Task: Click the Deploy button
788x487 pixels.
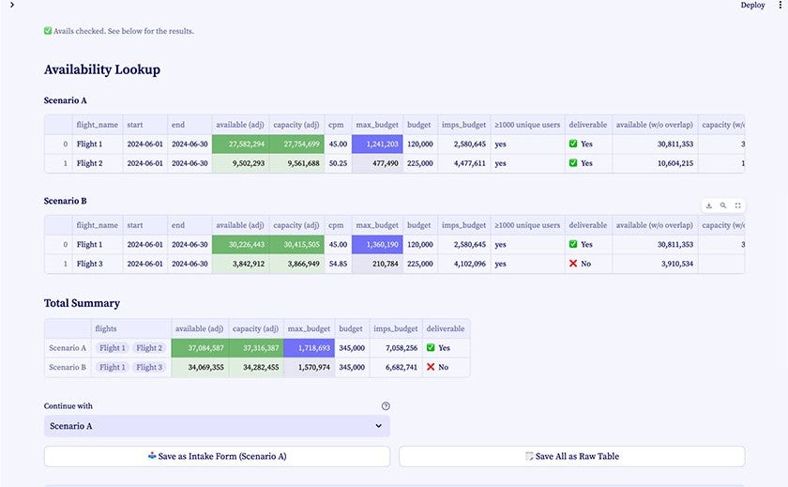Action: coord(752,6)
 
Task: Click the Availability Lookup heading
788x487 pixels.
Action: coord(102,69)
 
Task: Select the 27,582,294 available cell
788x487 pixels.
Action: coord(240,144)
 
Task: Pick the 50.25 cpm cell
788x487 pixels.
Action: coord(338,163)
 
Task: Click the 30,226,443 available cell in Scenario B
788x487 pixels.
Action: coord(240,244)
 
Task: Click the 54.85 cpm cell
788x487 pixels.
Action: coord(338,264)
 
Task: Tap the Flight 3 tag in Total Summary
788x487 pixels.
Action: coord(148,367)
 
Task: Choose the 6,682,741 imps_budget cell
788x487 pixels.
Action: coord(395,367)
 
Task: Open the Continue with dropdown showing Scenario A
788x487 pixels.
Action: coord(217,426)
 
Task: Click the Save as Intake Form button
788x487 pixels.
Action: coord(217,456)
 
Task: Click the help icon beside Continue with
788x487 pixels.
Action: coord(386,406)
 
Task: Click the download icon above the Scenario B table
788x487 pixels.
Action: coord(709,205)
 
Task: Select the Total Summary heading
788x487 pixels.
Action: coord(82,303)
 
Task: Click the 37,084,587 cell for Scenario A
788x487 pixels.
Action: coord(200,347)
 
